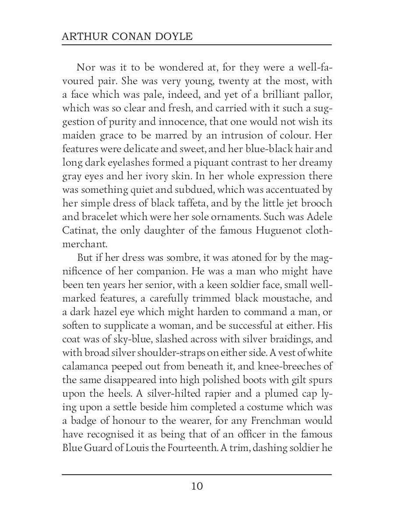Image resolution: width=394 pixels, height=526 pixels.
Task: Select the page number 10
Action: click(x=197, y=486)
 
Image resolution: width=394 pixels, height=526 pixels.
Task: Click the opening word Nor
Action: click(x=86, y=67)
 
